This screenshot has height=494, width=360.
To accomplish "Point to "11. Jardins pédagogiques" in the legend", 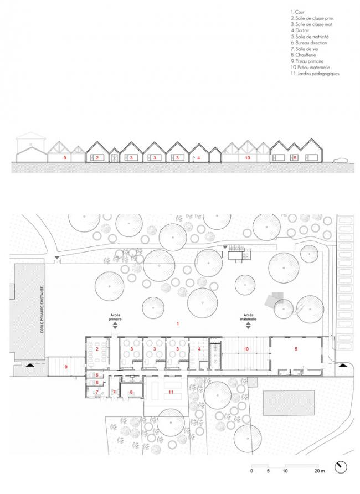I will pos(315,73).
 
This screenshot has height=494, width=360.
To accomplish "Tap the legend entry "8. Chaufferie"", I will pos(304,54).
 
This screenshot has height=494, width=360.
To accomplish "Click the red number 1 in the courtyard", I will pos(178,323).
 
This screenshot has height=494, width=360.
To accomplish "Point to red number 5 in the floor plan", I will pos(296,349).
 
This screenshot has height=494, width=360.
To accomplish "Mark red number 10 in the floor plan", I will pos(246,349).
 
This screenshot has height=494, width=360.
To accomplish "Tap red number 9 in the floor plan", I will pos(65,367).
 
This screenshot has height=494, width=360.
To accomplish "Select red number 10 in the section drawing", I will pos(248,158).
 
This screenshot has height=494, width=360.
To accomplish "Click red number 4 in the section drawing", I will pos(198,158).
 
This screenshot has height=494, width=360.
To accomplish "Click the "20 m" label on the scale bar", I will pos(318,471).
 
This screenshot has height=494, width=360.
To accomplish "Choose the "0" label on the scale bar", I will pos(251,471).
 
